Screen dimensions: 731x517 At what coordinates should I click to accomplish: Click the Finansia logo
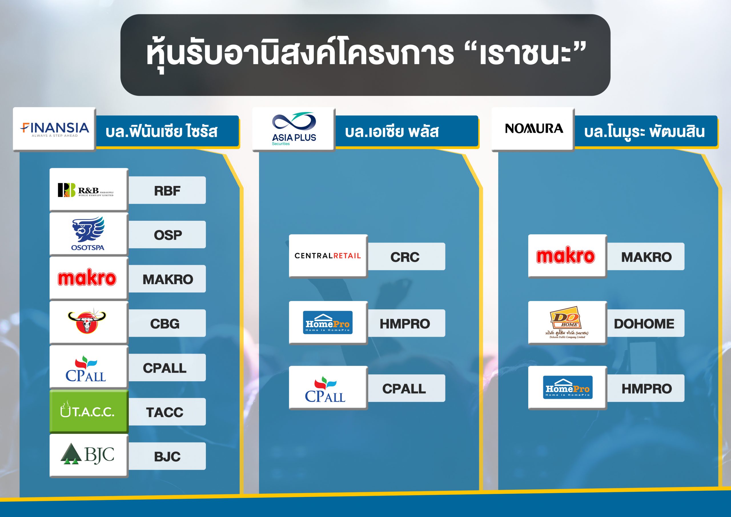coord(55,129)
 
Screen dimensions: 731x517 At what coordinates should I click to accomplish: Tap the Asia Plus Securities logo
coord(294,129)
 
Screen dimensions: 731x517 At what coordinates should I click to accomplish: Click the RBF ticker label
coord(167,191)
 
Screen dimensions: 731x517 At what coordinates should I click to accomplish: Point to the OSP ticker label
coord(168,235)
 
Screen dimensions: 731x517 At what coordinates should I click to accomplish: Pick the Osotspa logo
coord(88,234)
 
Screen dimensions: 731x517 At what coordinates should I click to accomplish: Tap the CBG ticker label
coord(164,324)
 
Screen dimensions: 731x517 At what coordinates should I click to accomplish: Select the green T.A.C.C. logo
coord(89,411)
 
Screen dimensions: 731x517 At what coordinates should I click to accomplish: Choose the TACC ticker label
coord(164,412)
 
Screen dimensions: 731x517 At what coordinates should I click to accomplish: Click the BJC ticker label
coord(167,456)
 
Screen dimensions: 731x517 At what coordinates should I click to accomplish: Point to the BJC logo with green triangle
coord(87,454)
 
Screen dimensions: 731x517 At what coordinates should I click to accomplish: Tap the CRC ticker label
coord(405,257)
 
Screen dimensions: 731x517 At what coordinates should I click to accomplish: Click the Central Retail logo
coord(328,256)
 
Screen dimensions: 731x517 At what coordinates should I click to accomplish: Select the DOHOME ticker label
coord(644,324)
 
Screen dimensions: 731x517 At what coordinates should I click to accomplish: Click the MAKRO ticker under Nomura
coord(646,257)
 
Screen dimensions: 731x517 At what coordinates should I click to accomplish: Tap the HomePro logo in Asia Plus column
coord(328,322)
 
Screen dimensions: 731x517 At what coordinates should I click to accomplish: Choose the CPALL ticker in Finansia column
coord(164,368)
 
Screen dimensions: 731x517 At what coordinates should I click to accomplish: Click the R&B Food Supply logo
coord(86,190)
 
